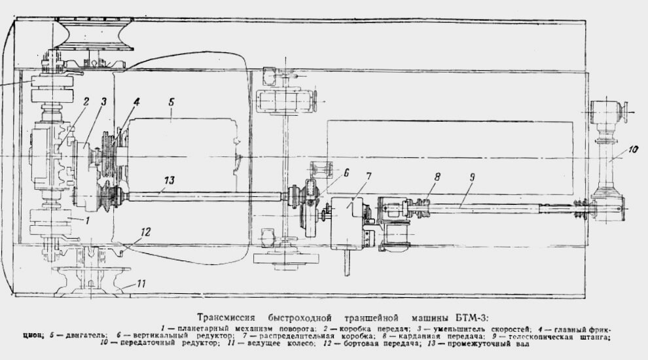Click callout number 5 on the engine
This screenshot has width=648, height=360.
[171, 102]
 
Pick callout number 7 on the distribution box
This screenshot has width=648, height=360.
[368, 177]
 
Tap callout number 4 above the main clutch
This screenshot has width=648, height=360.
[136, 102]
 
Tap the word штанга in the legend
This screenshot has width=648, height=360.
[593, 338]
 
